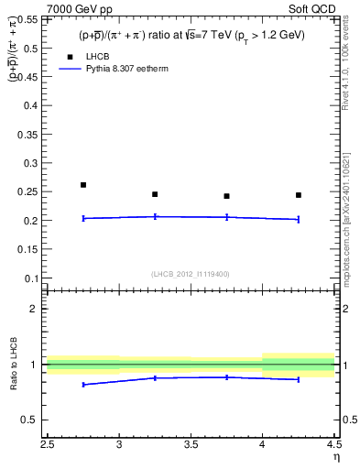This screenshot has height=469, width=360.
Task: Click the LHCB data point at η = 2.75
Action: tap(83, 185)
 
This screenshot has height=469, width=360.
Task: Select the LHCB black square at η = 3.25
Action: tap(155, 194)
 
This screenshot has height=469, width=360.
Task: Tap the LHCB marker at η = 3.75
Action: tap(226, 196)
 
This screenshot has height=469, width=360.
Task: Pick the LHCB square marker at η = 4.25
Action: tap(299, 195)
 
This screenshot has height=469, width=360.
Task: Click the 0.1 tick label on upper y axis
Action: tap(31, 278)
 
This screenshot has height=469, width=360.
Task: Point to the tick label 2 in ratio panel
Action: tap(34, 309)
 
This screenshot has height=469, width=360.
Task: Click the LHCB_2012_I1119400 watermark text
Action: tap(191, 274)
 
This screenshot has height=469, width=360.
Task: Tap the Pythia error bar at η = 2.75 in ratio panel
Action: tap(83, 385)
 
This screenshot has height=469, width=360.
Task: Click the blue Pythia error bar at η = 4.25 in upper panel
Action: tap(299, 219)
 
